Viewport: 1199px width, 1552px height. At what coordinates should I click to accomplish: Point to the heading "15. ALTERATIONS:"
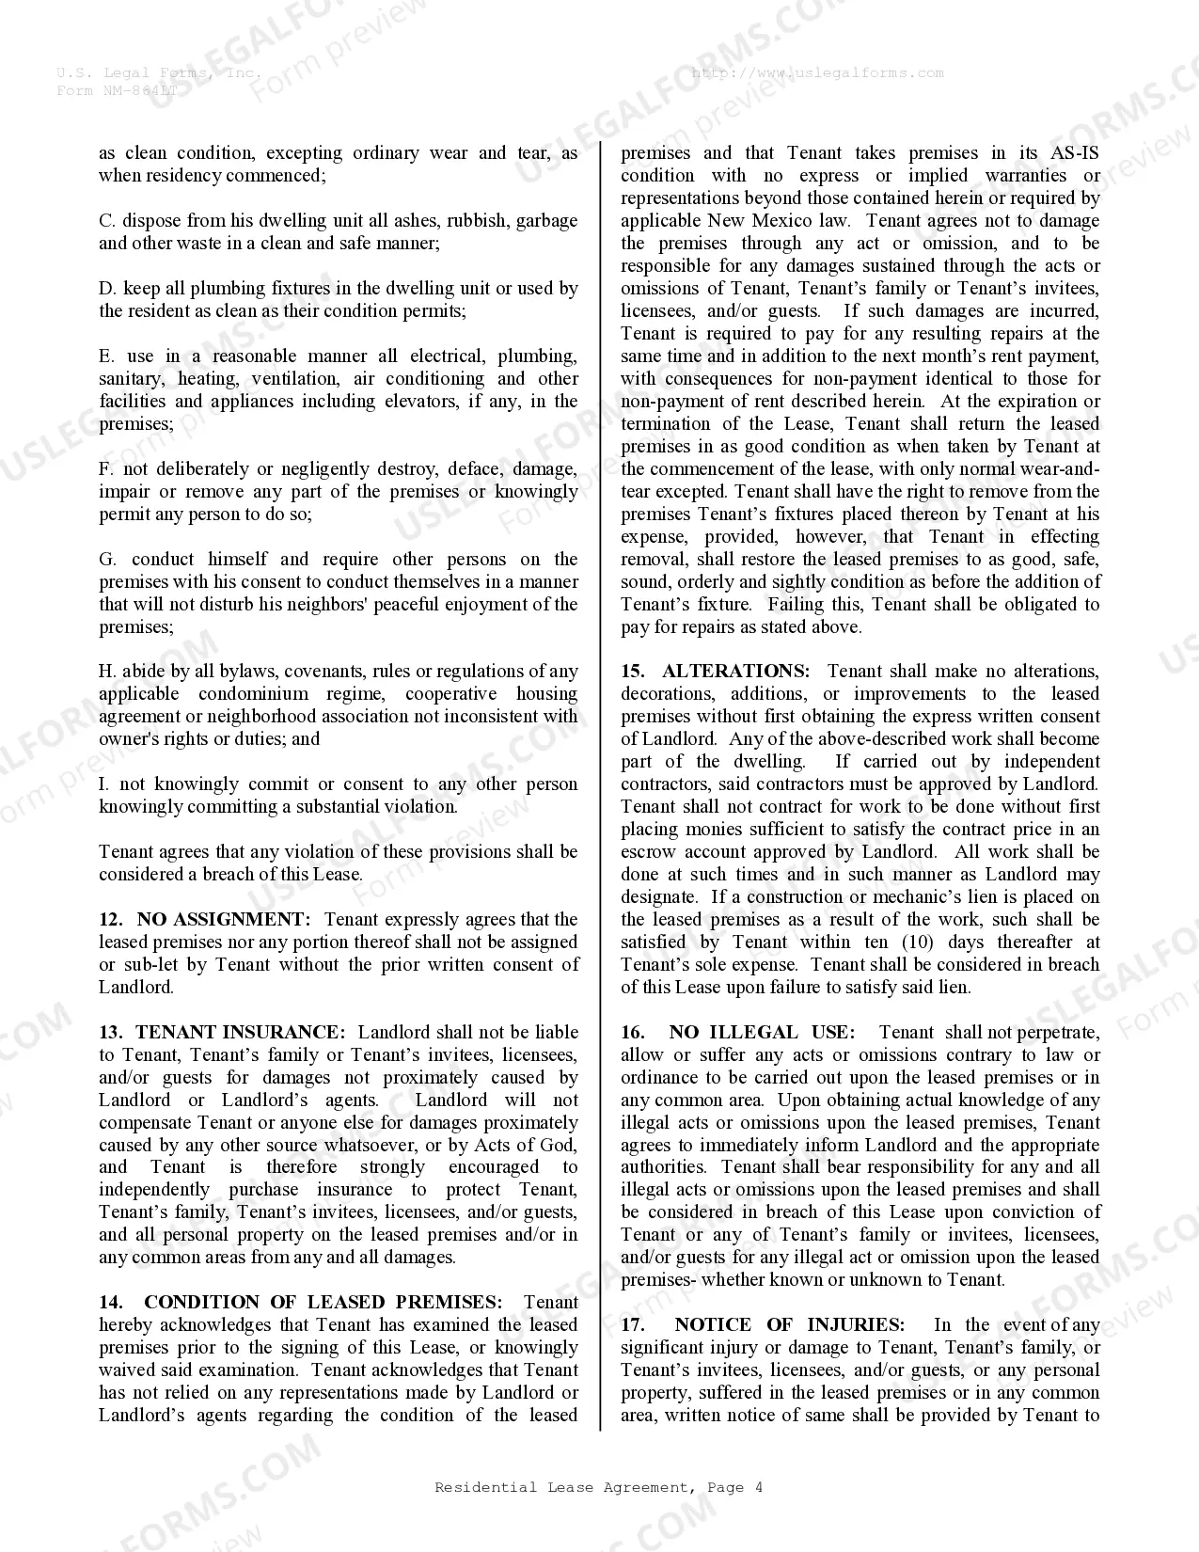click(x=715, y=671)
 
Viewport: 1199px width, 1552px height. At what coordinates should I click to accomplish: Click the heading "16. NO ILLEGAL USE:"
click(x=737, y=1032)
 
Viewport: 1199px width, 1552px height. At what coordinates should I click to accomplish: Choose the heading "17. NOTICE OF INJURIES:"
click(x=763, y=1324)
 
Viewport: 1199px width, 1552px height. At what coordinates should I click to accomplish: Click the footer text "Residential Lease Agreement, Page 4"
click(x=599, y=1487)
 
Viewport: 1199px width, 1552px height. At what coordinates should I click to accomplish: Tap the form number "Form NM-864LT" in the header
click(x=117, y=90)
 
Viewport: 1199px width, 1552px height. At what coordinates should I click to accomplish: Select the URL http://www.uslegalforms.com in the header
click(x=817, y=72)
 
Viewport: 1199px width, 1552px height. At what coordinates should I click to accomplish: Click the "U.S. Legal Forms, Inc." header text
click(x=158, y=72)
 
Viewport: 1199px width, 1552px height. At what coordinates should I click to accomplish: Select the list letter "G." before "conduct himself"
click(x=108, y=559)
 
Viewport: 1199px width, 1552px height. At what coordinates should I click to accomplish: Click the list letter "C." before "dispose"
click(x=107, y=220)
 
